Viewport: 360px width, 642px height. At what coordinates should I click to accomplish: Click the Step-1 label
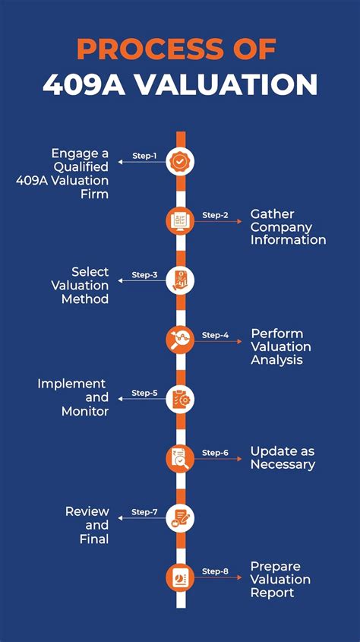tap(144, 156)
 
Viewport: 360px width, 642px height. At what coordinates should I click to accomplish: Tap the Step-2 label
tap(215, 215)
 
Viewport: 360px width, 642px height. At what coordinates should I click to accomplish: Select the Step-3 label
tap(144, 274)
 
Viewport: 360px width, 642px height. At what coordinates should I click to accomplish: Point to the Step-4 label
tap(215, 334)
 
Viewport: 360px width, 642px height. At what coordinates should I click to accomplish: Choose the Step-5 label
tap(144, 393)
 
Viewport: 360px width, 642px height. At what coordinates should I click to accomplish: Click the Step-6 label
tap(215, 453)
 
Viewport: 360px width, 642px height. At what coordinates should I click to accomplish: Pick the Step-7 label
tap(144, 512)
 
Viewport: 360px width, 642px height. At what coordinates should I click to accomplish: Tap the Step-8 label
tap(215, 571)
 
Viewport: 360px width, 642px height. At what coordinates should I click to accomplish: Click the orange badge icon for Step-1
tap(181, 161)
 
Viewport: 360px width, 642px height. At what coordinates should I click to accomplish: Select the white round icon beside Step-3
tap(181, 280)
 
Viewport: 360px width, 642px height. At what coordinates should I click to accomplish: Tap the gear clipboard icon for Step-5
tap(181, 399)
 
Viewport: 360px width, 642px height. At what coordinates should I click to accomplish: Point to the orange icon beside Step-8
tap(181, 577)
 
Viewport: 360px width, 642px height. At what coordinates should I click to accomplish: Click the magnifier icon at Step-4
tap(181, 340)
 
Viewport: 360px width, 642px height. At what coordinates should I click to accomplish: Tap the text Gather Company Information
tap(288, 227)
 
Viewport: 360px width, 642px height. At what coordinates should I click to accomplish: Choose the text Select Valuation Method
tap(80, 285)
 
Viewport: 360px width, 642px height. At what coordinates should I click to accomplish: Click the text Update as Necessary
tap(283, 457)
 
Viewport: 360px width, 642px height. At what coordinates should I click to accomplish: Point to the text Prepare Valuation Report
tap(280, 579)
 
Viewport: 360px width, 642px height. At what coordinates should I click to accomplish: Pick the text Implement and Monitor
tap(73, 397)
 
